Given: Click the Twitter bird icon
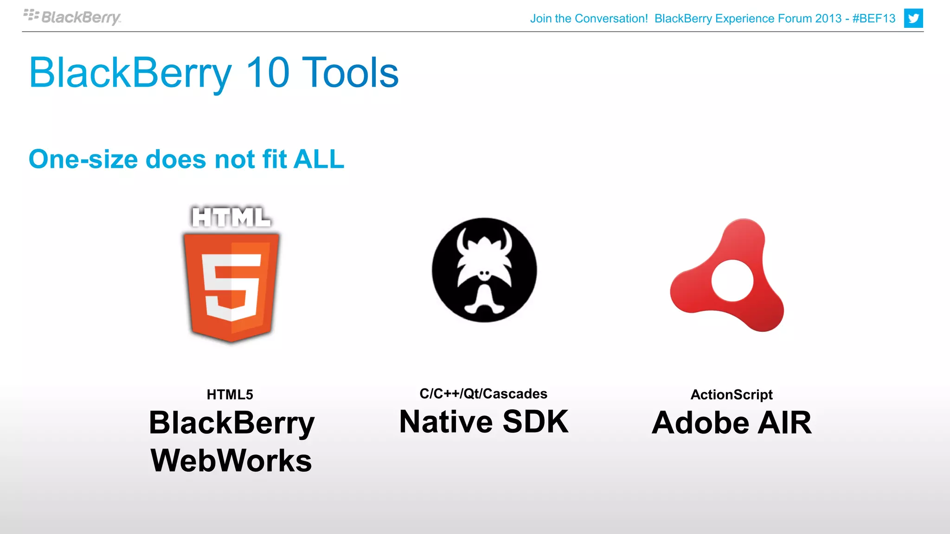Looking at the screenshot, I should [x=913, y=19].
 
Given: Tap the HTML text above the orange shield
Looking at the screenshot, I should [x=231, y=217].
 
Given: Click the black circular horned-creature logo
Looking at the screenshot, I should [x=484, y=270].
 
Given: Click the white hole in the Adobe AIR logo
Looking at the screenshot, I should [x=732, y=280].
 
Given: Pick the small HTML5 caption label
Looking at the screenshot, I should [x=230, y=394].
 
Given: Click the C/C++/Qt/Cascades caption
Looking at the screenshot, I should [x=483, y=394].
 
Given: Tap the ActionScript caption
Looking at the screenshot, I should [x=732, y=394].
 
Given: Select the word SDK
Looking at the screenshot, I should [x=535, y=422].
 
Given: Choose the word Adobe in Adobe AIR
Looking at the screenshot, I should [x=700, y=423].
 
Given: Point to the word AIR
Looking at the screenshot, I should [x=784, y=423].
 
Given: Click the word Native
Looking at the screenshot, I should [x=446, y=422].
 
